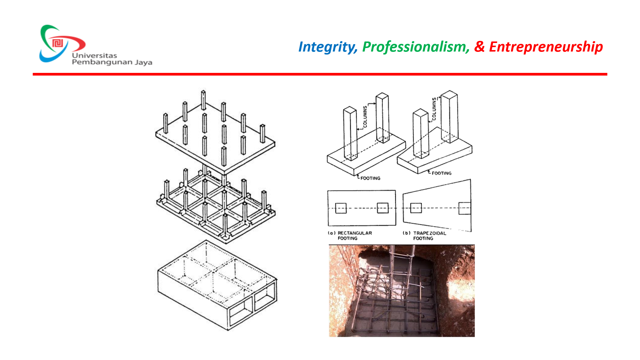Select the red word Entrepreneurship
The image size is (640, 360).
click(x=546, y=47)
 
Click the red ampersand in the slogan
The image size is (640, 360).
click(x=479, y=47)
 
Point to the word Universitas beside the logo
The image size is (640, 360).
click(x=95, y=55)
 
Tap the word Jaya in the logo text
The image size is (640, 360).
click(x=144, y=62)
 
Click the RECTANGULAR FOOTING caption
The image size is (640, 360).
click(x=350, y=236)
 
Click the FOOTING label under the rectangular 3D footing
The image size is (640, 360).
click(x=370, y=178)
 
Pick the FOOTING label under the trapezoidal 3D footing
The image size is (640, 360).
click(x=441, y=173)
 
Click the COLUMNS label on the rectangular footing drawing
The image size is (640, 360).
click(x=365, y=116)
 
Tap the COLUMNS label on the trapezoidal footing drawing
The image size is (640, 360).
click(x=434, y=108)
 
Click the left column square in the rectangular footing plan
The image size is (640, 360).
click(x=341, y=208)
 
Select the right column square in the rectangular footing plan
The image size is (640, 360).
click(x=383, y=208)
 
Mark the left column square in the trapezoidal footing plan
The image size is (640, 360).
click(x=416, y=208)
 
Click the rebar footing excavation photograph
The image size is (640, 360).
click(x=402, y=291)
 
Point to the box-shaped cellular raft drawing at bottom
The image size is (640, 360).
click(x=217, y=285)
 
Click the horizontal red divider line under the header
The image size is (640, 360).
click(x=320, y=74)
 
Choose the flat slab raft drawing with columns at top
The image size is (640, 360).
click(x=215, y=132)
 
